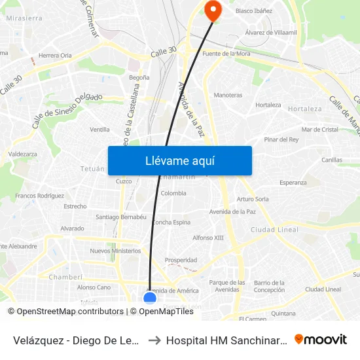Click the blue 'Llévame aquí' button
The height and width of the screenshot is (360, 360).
coord(179,160)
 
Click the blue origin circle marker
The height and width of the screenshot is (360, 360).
coord(150,298)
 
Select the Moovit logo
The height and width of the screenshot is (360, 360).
coord(321,339)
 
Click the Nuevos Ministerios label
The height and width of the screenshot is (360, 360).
coord(115,251)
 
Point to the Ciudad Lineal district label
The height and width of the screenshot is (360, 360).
coord(274,230)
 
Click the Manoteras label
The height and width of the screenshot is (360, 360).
coord(228,95)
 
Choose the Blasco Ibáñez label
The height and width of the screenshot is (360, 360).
coord(253,11)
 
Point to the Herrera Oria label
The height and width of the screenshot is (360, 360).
coord(55,56)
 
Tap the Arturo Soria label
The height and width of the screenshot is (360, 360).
coord(253,199)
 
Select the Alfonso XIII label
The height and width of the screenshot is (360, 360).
coord(208,238)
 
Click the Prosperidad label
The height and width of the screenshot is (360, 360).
coord(181,260)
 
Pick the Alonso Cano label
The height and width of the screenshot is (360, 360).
coord(94,287)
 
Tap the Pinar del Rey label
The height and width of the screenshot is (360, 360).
coord(281,139)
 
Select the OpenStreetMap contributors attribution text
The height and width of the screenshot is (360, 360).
coord(69,312)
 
